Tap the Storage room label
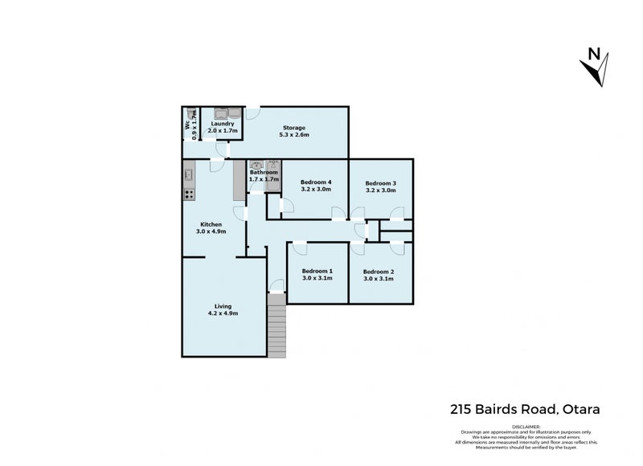pos(293,128)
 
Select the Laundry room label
pos(223,124)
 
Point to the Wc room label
pos(188,125)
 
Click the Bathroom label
pos(264,172)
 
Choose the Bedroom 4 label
pos(316,182)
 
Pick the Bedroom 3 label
pos(381,182)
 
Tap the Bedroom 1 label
pos(317,271)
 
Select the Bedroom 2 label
pos(379,271)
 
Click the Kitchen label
pos(211,224)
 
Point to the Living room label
pos(223,305)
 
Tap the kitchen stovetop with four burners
pos(190,193)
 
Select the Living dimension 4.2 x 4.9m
pos(223,313)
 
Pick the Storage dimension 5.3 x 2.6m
pos(293,135)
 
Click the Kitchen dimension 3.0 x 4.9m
pos(211,231)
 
